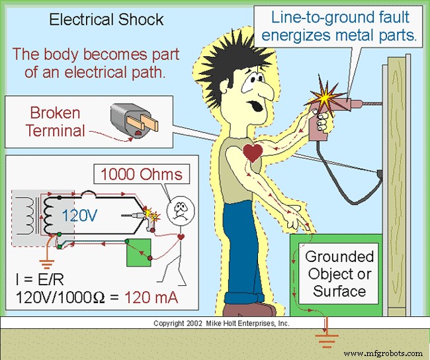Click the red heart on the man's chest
(x=251, y=154)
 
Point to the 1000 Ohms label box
(x=140, y=175)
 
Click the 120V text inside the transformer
(x=80, y=214)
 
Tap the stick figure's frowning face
(x=179, y=210)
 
